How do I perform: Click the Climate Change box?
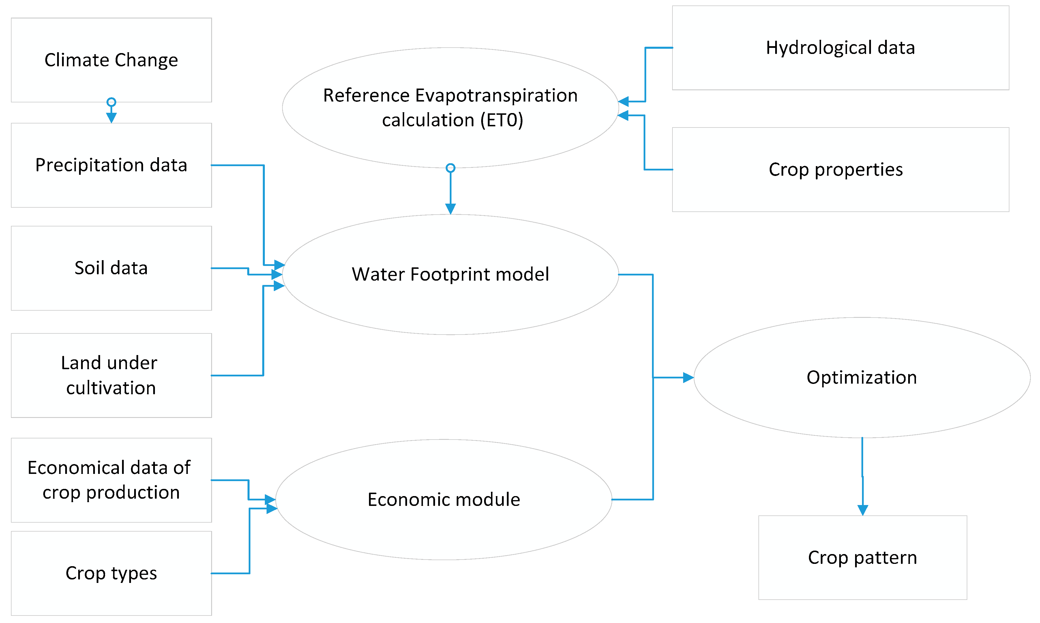pyautogui.click(x=111, y=60)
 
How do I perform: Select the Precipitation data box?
pyautogui.click(x=111, y=165)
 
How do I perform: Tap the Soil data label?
pyautogui.click(x=111, y=268)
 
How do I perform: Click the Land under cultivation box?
pyautogui.click(x=111, y=375)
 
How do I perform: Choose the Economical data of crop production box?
pyautogui.click(x=111, y=480)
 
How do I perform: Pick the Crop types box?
pyautogui.click(x=111, y=573)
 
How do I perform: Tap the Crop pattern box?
pyautogui.click(x=862, y=558)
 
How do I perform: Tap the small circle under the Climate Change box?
pyautogui.click(x=111, y=102)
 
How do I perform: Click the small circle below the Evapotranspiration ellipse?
pyautogui.click(x=451, y=168)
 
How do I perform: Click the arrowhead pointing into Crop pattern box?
pyautogui.click(x=862, y=510)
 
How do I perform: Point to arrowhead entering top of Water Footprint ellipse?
pyautogui.click(x=451, y=209)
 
